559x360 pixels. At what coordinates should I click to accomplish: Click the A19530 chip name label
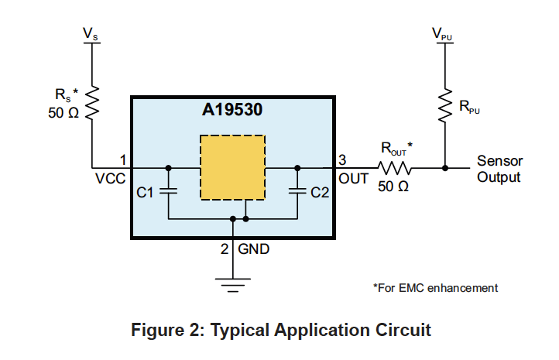point(233,110)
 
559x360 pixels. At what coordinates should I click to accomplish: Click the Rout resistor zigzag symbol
point(396,167)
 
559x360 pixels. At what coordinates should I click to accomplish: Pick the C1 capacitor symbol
point(170,191)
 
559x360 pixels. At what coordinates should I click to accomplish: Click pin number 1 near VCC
point(122,159)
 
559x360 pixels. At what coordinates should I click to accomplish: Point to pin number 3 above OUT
point(342,159)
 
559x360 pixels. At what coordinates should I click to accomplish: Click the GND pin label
point(254,250)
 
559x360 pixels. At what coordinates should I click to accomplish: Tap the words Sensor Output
point(499,169)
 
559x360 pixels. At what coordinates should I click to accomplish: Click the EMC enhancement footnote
point(435,288)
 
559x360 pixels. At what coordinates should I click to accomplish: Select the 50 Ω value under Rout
point(393,187)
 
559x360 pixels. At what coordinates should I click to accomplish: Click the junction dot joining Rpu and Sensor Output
point(445,167)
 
